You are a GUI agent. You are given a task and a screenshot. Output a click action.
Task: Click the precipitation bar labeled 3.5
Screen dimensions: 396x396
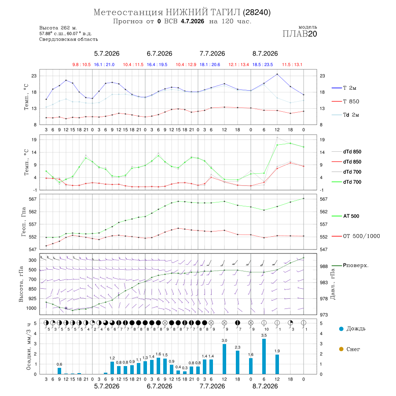click(x=264, y=356)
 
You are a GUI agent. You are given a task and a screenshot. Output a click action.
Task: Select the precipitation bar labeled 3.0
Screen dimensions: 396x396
click(x=224, y=359)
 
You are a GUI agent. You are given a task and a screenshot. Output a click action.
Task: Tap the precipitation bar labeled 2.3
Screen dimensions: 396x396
click(x=238, y=363)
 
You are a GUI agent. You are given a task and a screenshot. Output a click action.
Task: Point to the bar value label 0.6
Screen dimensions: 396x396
click(x=59, y=364)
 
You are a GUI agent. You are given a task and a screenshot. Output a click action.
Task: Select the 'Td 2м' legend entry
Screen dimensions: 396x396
click(x=345, y=115)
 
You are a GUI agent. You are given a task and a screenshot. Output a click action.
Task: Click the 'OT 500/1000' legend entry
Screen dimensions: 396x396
click(x=356, y=236)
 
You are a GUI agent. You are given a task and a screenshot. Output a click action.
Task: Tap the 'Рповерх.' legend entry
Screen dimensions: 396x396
click(x=350, y=265)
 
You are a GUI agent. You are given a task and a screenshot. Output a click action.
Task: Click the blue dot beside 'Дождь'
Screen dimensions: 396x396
click(x=341, y=329)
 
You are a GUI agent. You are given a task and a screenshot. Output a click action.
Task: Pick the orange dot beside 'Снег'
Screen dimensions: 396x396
click(x=341, y=349)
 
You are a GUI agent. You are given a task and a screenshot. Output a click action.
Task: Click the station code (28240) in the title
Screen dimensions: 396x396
click(x=257, y=12)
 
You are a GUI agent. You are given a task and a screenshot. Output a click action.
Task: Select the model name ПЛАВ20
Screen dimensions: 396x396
click(x=300, y=33)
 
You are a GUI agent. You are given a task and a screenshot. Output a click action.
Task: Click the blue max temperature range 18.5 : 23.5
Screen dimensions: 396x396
click(x=263, y=65)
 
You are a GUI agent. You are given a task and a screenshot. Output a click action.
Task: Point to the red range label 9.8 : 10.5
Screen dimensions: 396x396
click(x=81, y=65)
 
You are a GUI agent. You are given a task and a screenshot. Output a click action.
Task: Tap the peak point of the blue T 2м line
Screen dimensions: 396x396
click(x=277, y=74)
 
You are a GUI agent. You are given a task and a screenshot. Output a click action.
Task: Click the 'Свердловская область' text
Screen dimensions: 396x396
click(x=69, y=40)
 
